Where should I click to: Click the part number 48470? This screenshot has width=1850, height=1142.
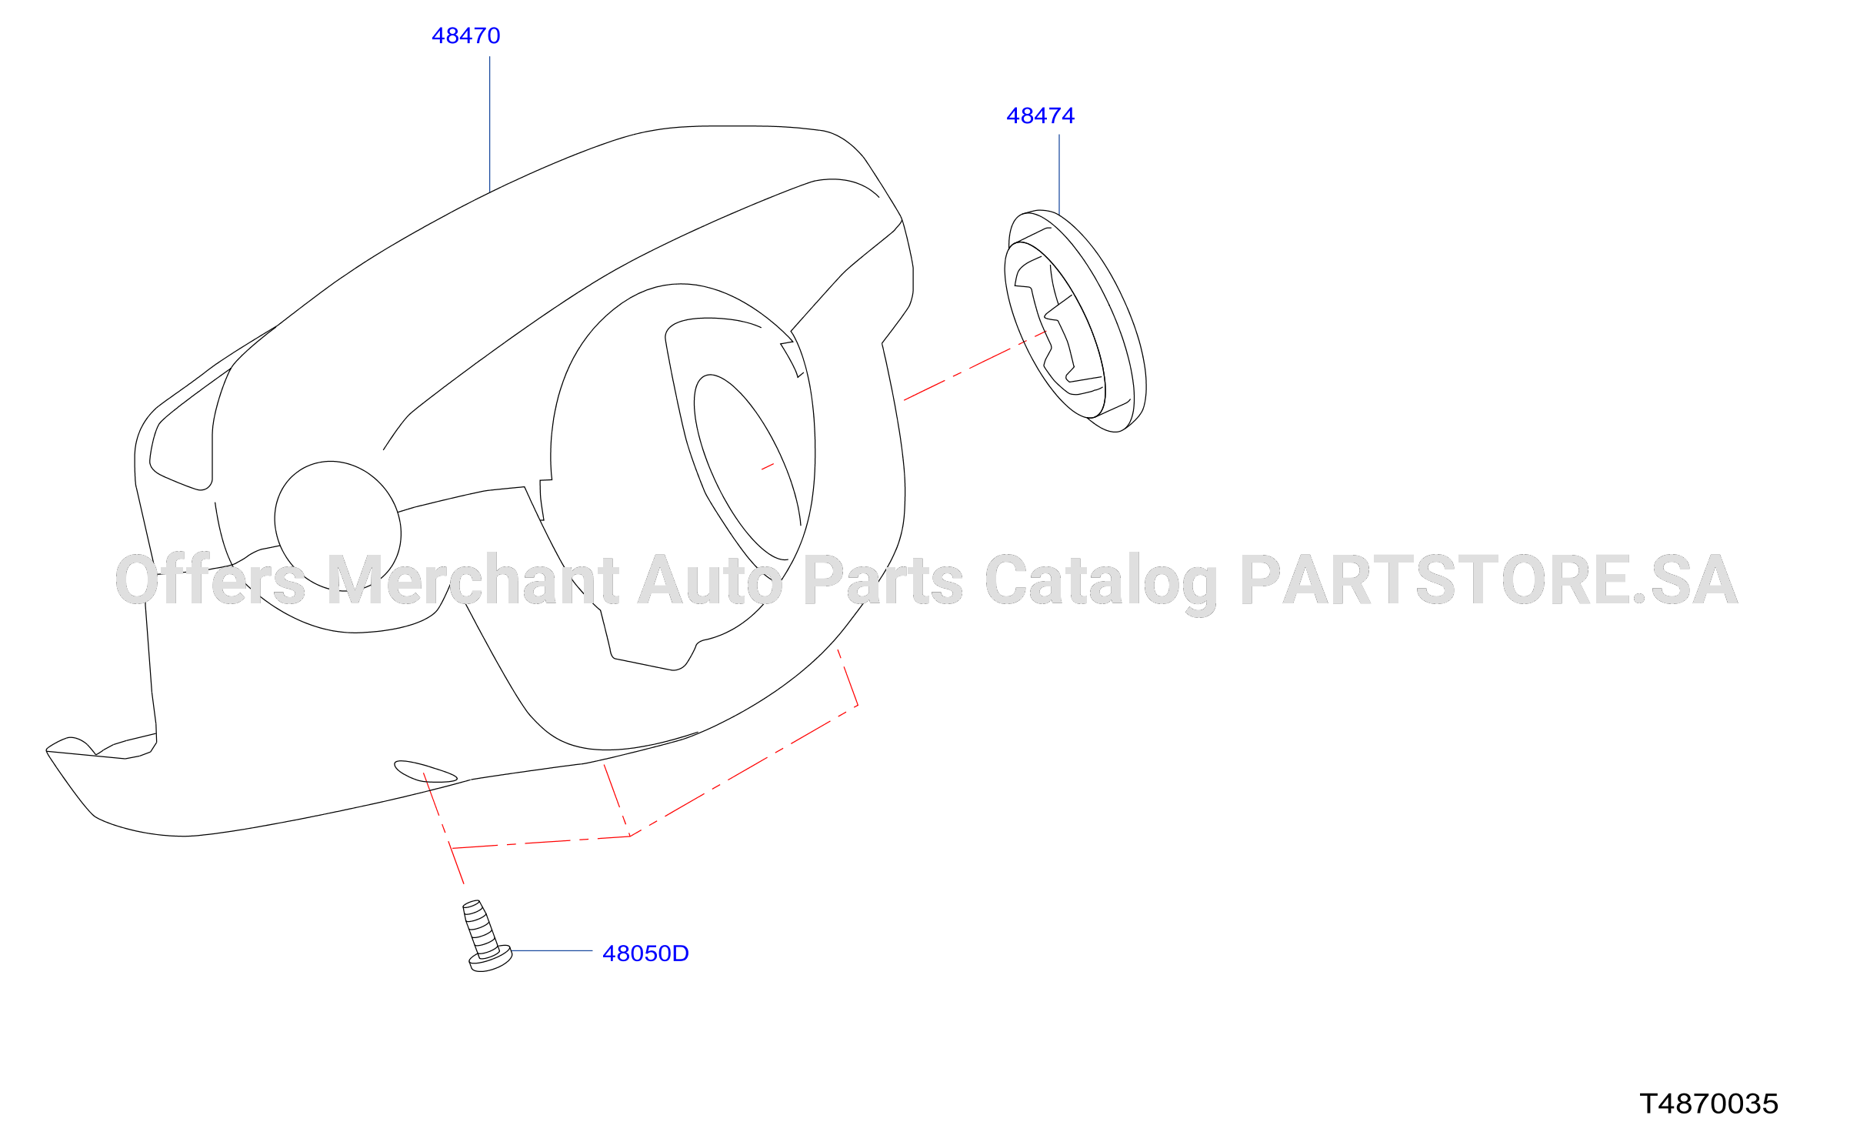[465, 35]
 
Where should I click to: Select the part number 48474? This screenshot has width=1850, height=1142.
[1040, 115]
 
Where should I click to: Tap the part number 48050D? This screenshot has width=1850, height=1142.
[645, 953]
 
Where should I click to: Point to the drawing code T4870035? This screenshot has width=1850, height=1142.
[1708, 1104]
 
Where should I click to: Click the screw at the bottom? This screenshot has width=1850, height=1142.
[487, 937]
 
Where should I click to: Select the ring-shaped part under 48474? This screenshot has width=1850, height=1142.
[1075, 321]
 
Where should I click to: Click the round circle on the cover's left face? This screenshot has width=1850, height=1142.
[338, 526]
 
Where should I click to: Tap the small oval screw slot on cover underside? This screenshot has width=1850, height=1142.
[425, 771]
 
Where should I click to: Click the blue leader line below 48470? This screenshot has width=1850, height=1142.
[490, 124]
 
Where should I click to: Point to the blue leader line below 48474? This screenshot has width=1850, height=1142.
[1059, 175]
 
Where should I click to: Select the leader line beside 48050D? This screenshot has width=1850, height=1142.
[552, 951]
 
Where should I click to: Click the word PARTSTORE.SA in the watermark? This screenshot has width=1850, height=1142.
[1488, 579]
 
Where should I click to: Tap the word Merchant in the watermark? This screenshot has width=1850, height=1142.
[473, 579]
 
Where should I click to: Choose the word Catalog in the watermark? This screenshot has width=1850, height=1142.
[1101, 584]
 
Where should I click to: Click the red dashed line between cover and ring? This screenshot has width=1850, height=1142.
[975, 366]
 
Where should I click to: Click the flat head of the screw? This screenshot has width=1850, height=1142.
[491, 960]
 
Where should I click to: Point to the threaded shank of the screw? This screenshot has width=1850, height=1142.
[481, 929]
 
